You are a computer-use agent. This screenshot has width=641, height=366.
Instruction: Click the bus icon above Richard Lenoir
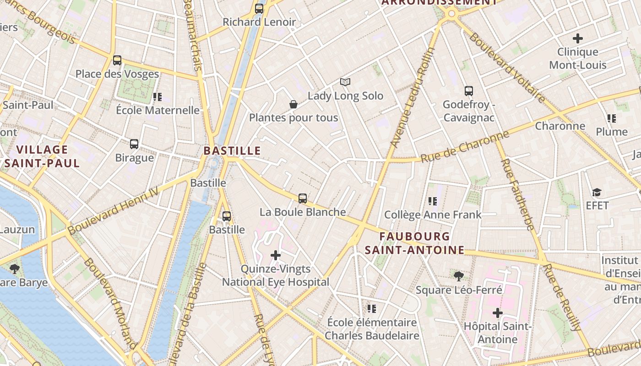pyautogui.click(x=259, y=8)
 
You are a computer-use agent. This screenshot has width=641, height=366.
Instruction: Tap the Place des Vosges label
pyautogui.click(x=117, y=74)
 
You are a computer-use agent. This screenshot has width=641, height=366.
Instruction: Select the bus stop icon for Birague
pyautogui.click(x=134, y=144)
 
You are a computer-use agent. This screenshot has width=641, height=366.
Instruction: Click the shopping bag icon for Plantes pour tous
pyautogui.click(x=293, y=105)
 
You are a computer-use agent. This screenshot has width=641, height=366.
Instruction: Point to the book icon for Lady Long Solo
pyautogui.click(x=345, y=82)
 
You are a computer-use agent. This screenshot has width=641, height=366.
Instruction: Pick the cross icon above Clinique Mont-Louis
pyautogui.click(x=578, y=38)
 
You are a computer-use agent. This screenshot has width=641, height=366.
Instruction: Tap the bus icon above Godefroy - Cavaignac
pyautogui.click(x=468, y=91)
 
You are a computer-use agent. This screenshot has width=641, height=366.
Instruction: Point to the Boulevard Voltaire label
pyautogui.click(x=507, y=68)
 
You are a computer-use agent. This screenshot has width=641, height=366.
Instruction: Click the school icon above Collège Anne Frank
pyautogui.click(x=433, y=201)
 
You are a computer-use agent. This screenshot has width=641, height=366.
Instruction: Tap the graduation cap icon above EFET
pyautogui.click(x=597, y=192)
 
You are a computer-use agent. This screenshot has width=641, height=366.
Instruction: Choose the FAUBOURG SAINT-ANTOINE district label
pyautogui.click(x=414, y=243)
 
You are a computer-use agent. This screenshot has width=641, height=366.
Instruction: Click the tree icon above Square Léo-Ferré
pyautogui.click(x=458, y=276)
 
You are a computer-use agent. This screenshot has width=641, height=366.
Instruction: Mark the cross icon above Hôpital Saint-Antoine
pyautogui.click(x=497, y=313)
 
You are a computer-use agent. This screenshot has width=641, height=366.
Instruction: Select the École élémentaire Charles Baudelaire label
pyautogui.click(x=372, y=329)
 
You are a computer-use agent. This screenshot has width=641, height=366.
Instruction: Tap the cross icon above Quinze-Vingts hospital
pyautogui.click(x=276, y=255)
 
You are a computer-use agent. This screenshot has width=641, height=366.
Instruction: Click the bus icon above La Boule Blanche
pyautogui.click(x=303, y=199)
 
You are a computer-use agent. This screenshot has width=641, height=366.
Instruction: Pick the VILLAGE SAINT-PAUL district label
pyautogui.click(x=42, y=156)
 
